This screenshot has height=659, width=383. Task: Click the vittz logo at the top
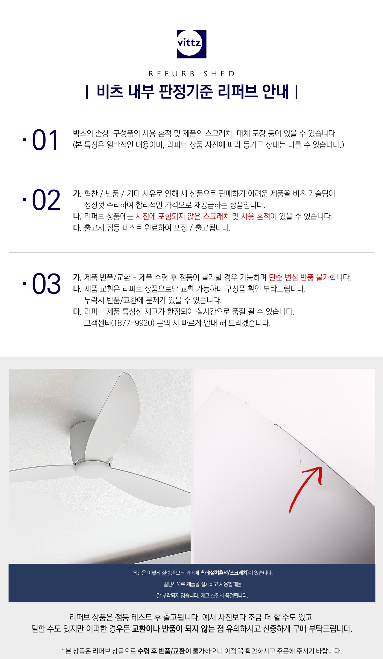[191, 44]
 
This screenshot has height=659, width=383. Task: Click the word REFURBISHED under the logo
[191, 74]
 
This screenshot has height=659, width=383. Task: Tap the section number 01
[45, 140]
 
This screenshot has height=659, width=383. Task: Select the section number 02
[46, 200]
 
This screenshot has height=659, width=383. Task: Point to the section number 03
[46, 284]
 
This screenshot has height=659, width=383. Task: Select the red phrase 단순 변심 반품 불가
[299, 278]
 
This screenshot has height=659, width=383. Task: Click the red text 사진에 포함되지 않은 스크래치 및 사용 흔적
[203, 217]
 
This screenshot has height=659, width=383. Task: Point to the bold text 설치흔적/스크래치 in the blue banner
[229, 573]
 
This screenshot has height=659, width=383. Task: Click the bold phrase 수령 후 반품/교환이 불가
[171, 651]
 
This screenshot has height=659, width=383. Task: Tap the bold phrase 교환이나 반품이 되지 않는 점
[178, 628]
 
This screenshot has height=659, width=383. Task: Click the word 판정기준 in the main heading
[186, 92]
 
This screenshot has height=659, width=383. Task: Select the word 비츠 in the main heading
[110, 92]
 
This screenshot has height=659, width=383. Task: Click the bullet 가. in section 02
[77, 194]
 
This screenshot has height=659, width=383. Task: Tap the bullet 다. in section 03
[77, 312]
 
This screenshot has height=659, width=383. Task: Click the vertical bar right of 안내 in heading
[296, 92]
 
